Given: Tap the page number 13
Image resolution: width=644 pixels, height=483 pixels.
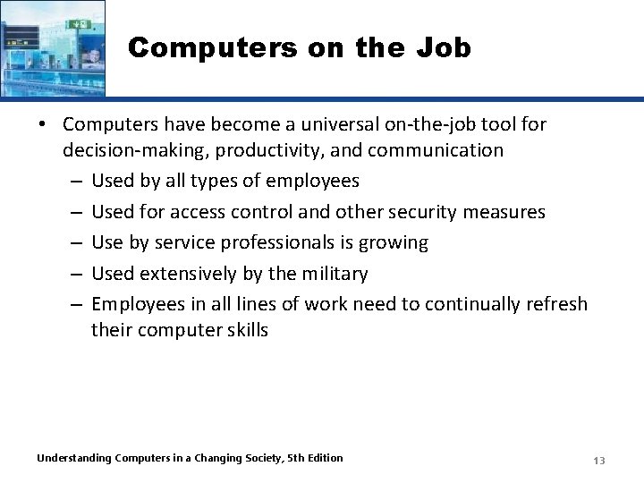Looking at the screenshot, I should tap(599, 461).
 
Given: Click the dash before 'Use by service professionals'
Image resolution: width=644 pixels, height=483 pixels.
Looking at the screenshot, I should tap(75, 242).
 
